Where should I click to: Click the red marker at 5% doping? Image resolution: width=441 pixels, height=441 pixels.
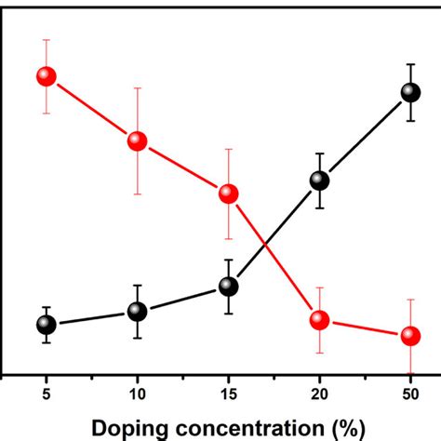tap(46, 76)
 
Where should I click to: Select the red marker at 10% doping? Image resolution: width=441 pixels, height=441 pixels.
tap(137, 140)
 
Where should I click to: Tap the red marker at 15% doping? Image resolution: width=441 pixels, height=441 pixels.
tap(228, 194)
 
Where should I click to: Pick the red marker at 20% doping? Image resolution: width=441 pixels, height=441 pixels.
tap(319, 320)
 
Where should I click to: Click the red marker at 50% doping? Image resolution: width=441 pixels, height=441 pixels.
tap(410, 336)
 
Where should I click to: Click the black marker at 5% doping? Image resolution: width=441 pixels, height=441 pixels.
tap(46, 325)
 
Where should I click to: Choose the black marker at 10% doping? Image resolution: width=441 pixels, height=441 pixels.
tap(137, 311)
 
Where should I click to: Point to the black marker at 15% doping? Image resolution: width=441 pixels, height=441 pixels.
tap(228, 287)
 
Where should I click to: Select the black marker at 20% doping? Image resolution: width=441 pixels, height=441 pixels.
tap(319, 180)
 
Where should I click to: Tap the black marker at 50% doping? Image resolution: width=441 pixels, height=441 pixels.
tap(410, 92)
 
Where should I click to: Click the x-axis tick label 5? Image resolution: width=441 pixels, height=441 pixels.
tap(46, 394)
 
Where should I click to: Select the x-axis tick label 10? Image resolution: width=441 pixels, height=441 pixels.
tap(137, 394)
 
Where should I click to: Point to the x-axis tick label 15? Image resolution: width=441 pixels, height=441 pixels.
tap(228, 394)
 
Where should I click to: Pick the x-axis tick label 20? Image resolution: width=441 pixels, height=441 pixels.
tap(319, 394)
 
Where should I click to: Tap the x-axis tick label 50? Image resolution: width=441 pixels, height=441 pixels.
tap(410, 394)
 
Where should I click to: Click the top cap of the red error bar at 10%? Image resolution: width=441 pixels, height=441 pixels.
tap(137, 88)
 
